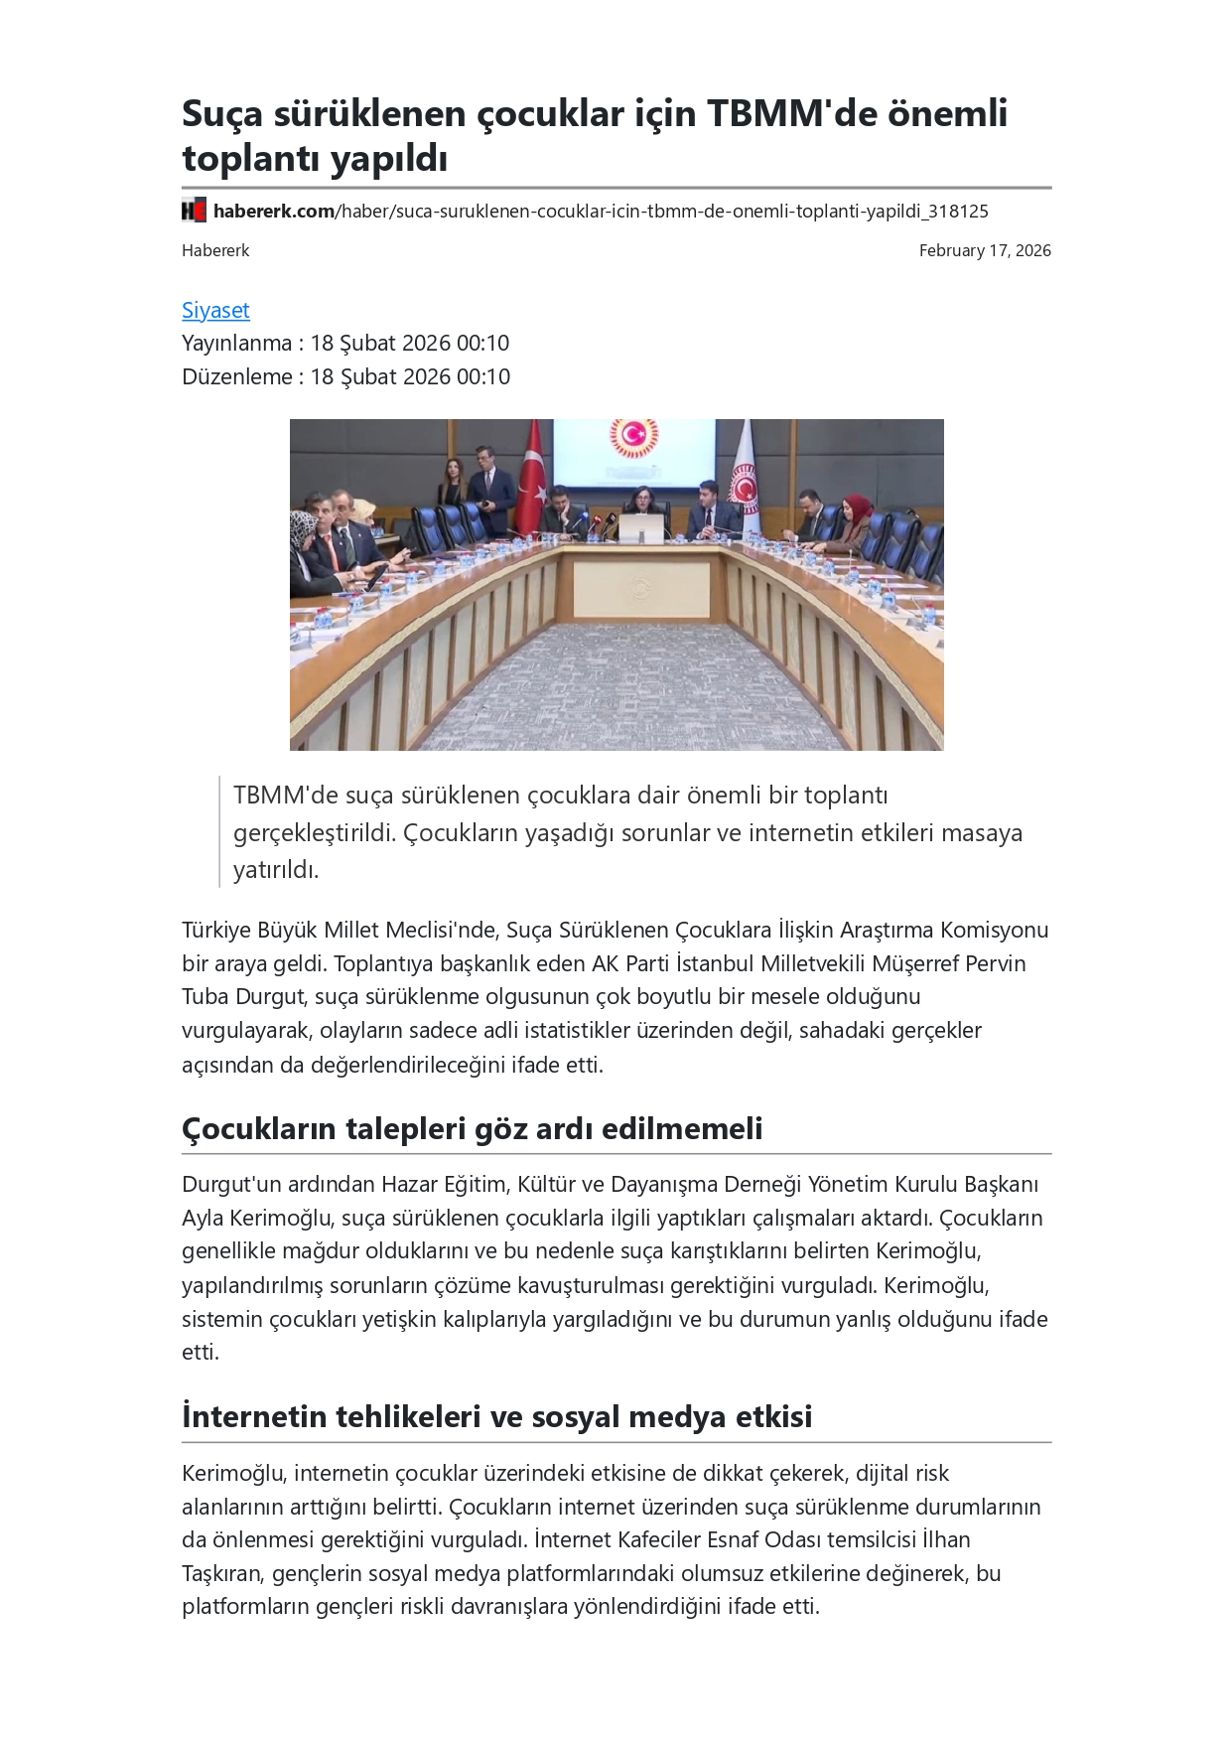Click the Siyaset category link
point(215,311)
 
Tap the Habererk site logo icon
point(194,211)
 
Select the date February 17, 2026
point(984,250)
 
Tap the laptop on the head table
point(640,528)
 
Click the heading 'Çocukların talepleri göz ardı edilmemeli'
point(472,1128)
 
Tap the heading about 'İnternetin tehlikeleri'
point(496,1416)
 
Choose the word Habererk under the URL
point(215,250)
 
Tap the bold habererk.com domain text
point(273,211)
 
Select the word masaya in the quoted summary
point(982,832)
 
